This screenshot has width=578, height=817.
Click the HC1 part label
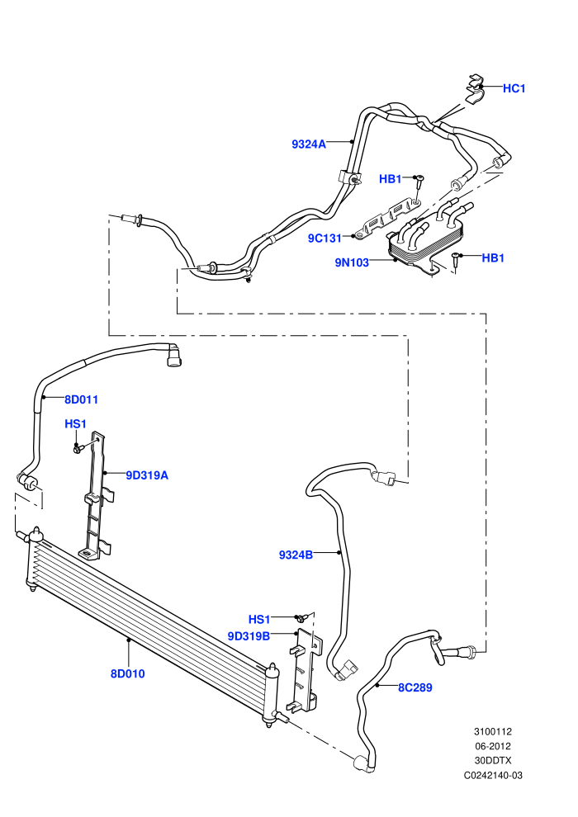coord(514,88)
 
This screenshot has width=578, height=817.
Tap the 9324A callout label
coord(309,144)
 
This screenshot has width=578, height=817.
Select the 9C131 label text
coord(325,238)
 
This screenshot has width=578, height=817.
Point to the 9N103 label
coord(352,262)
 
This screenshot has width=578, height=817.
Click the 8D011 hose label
coord(81,399)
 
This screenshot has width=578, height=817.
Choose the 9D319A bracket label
coord(147,475)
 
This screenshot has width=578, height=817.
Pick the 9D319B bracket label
coord(249,636)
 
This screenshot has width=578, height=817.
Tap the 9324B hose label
coord(296,555)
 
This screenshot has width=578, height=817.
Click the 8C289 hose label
coord(415,687)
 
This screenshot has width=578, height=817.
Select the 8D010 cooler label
coord(128,673)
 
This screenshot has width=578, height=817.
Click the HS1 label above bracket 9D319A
coord(76,424)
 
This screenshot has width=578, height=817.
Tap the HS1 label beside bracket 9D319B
coord(259,620)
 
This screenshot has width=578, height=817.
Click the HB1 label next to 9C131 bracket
coord(391,179)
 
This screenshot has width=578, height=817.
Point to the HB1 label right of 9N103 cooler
coord(493,258)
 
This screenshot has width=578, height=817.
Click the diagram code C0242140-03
coord(493,775)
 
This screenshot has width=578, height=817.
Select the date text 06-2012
coord(493,746)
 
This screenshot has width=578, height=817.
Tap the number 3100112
coord(493,731)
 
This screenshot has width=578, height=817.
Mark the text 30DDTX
coord(493,761)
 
